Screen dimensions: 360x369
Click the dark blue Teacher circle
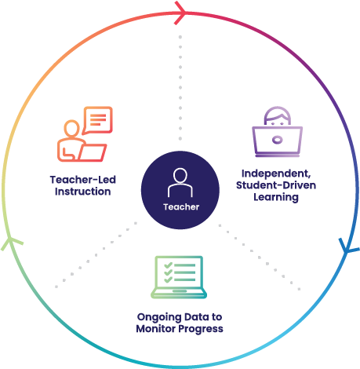tap(180, 190)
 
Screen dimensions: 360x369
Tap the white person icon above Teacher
tap(180, 182)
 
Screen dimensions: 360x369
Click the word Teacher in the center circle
tap(181, 207)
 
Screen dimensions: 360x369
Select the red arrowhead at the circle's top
tap(180, 13)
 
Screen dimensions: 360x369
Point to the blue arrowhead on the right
tap(347, 247)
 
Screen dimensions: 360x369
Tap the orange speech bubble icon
tap(98, 120)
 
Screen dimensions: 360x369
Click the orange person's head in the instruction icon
tap(71, 128)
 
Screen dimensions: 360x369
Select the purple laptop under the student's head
tap(278, 142)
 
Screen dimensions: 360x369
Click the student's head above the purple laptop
tap(278, 116)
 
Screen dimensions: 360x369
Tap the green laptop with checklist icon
tap(179, 277)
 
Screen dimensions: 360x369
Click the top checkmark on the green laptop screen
tap(168, 265)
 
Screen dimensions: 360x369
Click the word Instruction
tap(83, 192)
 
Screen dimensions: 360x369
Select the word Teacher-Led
tap(83, 180)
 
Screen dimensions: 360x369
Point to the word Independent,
tap(276, 174)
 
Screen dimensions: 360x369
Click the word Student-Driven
tap(276, 185)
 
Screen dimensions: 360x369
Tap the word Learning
tap(276, 197)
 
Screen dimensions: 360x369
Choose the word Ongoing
tap(159, 317)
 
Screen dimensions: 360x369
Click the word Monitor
tap(156, 329)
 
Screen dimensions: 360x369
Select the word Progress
tap(201, 330)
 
